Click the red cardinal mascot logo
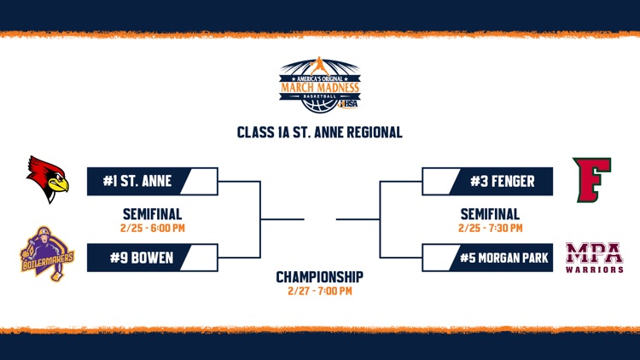tap(47, 179)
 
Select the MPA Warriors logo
tap(594, 257)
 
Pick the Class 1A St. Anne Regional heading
tap(320, 133)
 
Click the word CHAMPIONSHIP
tap(320, 277)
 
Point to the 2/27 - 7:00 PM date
tap(320, 291)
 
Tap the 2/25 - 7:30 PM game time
tap(492, 228)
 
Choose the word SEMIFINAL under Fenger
tap(492, 214)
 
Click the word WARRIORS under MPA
tap(594, 270)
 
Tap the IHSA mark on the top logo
tap(350, 105)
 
